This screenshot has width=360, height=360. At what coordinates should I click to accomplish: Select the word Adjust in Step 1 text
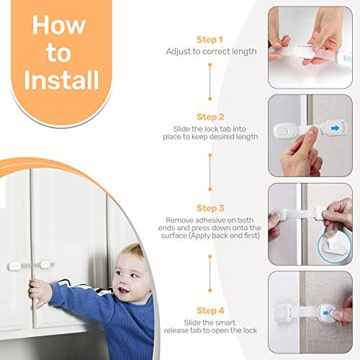click(x=179, y=53)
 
